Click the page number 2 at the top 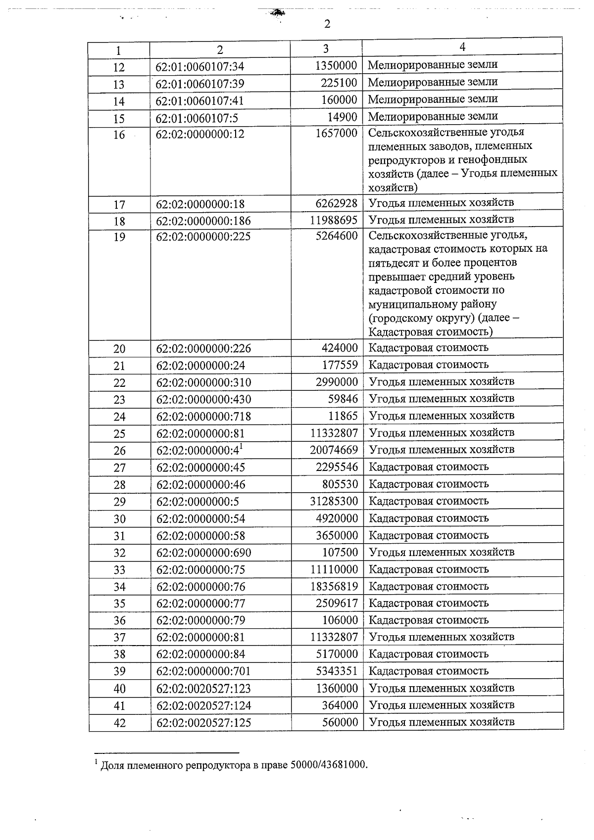(327, 24)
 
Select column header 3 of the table (325, 48)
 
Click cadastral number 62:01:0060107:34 (199, 67)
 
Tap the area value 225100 (339, 83)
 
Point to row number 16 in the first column (119, 135)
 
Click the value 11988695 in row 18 (334, 220)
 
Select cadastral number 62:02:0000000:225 (203, 237)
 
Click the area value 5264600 (337, 236)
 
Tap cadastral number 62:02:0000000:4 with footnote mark (199, 450)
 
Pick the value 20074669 (334, 450)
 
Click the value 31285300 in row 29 (334, 501)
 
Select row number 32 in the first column (119, 553)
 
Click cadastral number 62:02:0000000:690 (203, 553)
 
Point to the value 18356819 (334, 587)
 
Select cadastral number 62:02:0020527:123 (203, 689)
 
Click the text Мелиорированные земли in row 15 (433, 116)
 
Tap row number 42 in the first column (119, 723)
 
